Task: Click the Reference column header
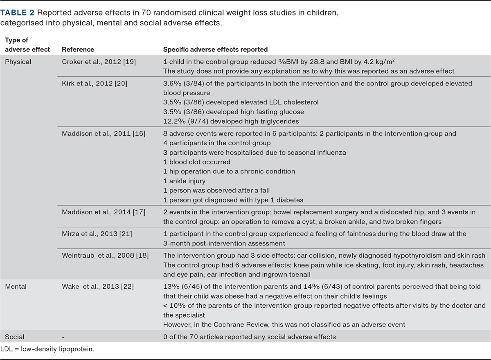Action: [78, 49]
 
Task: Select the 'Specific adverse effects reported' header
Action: [215, 49]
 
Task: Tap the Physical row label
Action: [18, 62]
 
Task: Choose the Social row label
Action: [15, 337]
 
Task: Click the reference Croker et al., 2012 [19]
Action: [99, 62]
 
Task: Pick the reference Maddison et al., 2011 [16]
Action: [104, 133]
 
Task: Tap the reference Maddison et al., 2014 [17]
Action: [104, 212]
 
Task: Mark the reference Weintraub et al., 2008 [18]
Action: [105, 256]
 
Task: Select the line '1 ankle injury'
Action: [184, 181]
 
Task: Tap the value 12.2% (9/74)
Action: [184, 121]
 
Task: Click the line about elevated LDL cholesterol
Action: [241, 102]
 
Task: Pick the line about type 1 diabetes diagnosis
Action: [233, 200]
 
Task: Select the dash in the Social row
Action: [63, 337]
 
